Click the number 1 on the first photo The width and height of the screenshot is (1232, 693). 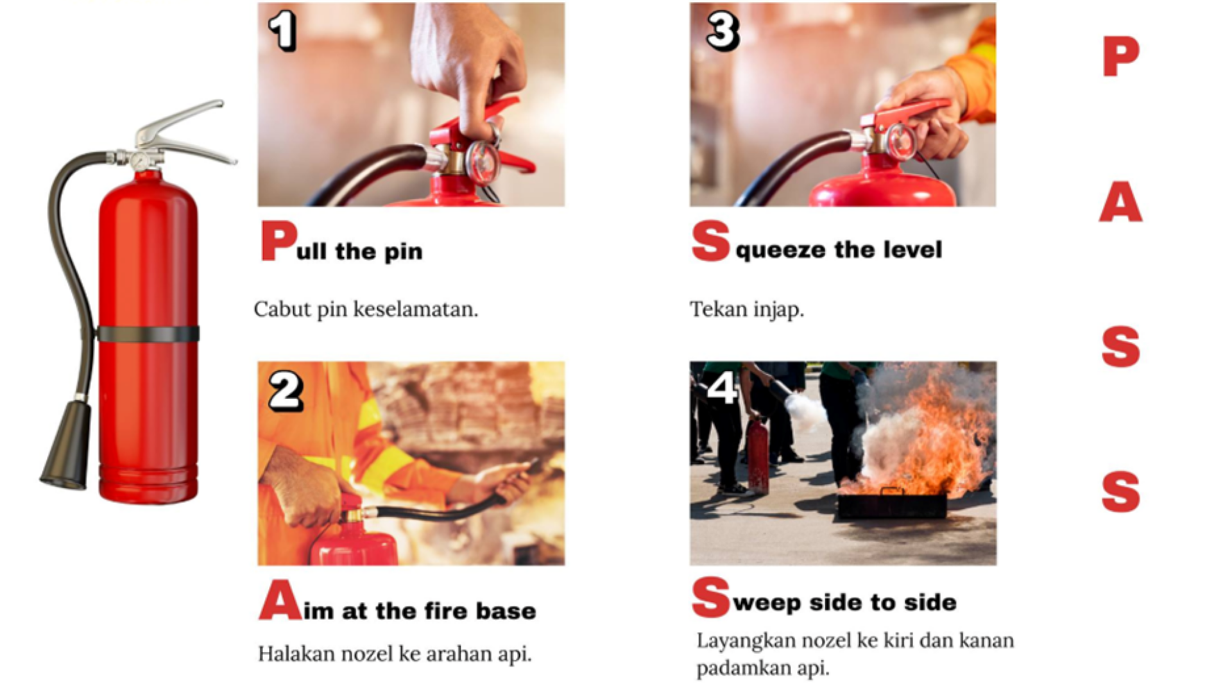(x=282, y=30)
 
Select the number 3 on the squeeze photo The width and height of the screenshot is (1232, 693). (x=723, y=31)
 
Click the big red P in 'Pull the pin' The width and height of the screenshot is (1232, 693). (x=279, y=241)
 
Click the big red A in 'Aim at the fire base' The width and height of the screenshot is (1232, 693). (x=280, y=599)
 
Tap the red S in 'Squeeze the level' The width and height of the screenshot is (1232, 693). (x=711, y=241)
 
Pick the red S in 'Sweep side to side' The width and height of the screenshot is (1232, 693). (x=711, y=597)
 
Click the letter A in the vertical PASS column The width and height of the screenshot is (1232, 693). (x=1120, y=201)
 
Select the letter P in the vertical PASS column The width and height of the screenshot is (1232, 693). (x=1121, y=56)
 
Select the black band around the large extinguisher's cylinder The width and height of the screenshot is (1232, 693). (x=148, y=334)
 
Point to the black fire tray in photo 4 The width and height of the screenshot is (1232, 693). (x=892, y=504)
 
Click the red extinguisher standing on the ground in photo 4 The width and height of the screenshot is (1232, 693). (x=758, y=456)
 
